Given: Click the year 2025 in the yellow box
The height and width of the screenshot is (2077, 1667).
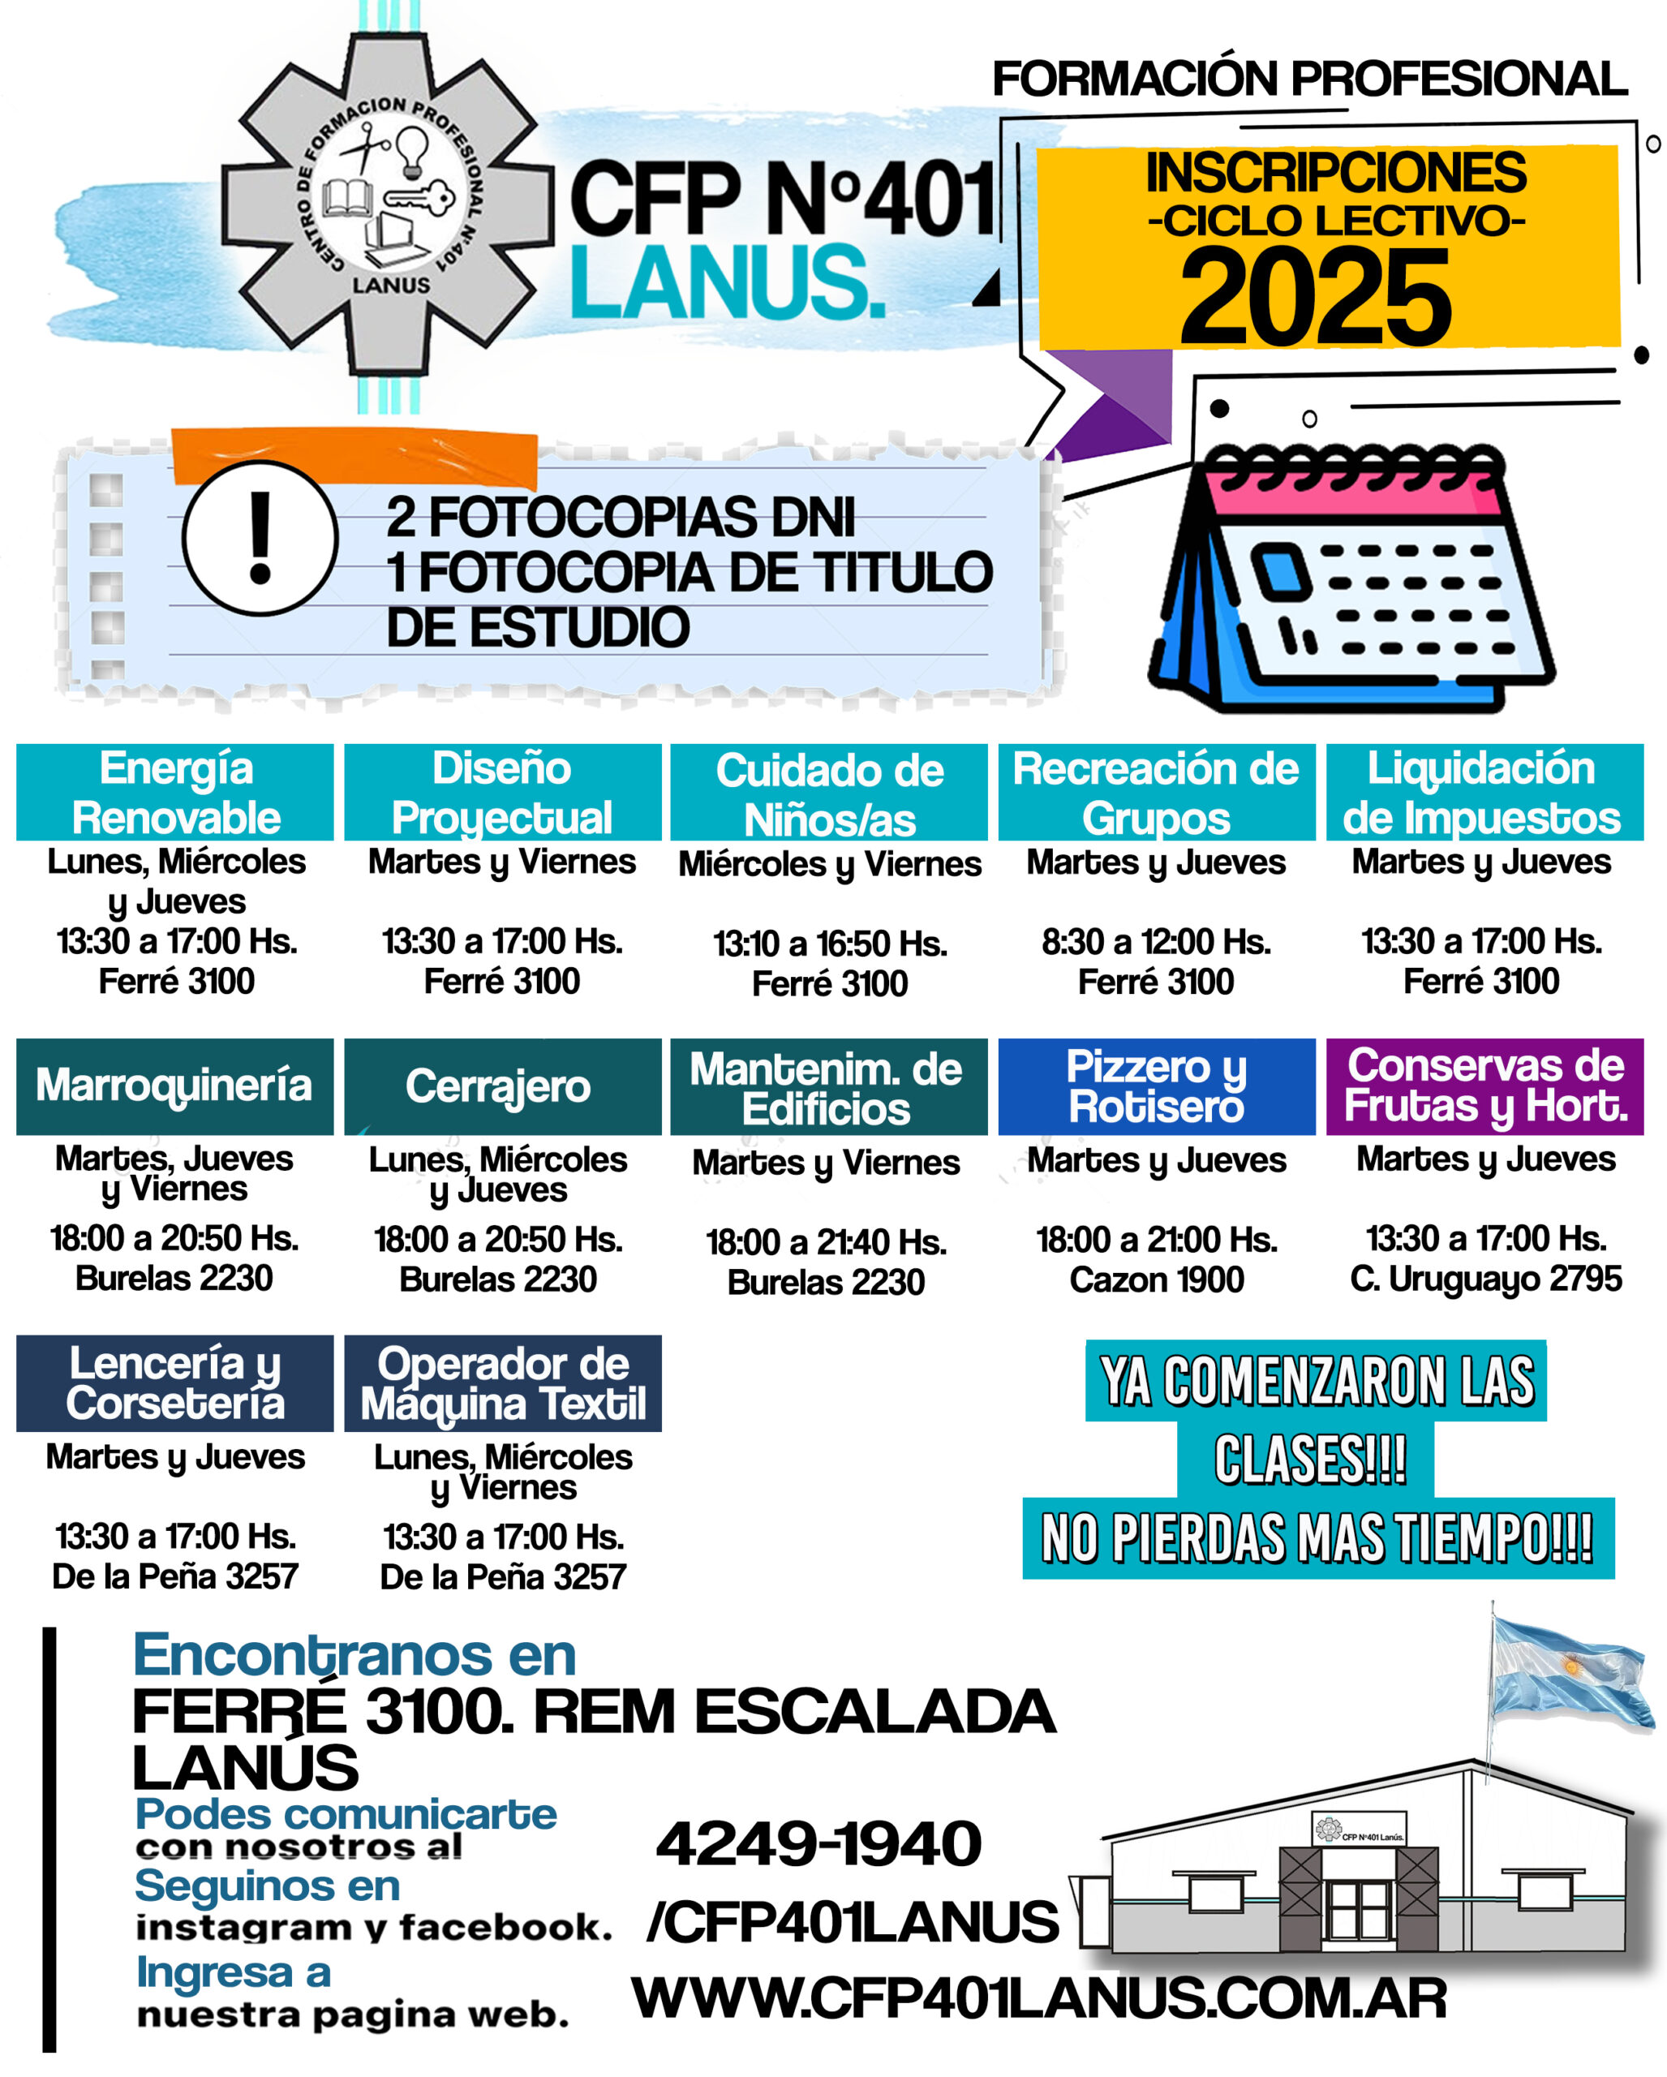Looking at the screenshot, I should coord(1316,296).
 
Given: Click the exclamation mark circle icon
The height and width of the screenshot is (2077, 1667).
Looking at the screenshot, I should coord(260,539).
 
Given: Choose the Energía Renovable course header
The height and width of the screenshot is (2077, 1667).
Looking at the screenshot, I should coord(175,792).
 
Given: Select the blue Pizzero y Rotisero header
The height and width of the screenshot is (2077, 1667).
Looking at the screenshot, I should coord(1156,1086).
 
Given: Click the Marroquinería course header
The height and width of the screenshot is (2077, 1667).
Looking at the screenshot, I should coord(174,1086).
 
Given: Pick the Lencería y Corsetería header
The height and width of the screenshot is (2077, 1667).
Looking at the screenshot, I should coord(174,1383).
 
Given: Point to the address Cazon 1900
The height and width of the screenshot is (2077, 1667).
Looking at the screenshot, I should coord(1156,1279).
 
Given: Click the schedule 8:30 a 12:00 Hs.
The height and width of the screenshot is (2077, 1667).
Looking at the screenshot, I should coord(1156,941).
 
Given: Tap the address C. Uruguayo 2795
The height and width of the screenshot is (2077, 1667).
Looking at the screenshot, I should coord(1485,1279).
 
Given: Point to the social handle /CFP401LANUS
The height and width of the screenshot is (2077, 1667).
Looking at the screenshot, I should coord(853,1922).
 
